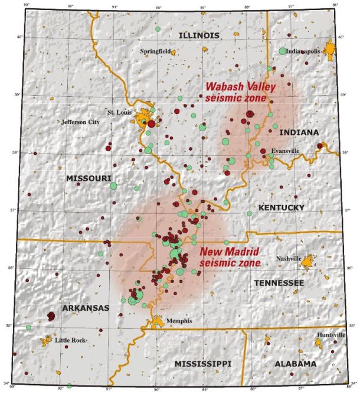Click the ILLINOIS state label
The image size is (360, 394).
tap(199, 35)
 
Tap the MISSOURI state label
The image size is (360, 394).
tap(89, 178)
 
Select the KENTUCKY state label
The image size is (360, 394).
tap(281, 207)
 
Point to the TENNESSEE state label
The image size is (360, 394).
tap(279, 284)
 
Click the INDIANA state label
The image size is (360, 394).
tap(299, 132)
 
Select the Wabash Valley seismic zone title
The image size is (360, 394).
tap(235, 92)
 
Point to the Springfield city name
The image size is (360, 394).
tap(155, 51)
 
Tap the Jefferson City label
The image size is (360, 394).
tap(80, 122)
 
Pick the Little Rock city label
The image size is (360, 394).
tap(70, 340)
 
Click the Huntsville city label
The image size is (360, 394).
tap(330, 335)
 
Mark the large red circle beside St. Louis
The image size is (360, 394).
tap(152, 124)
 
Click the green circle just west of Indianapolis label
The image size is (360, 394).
tap(283, 51)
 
